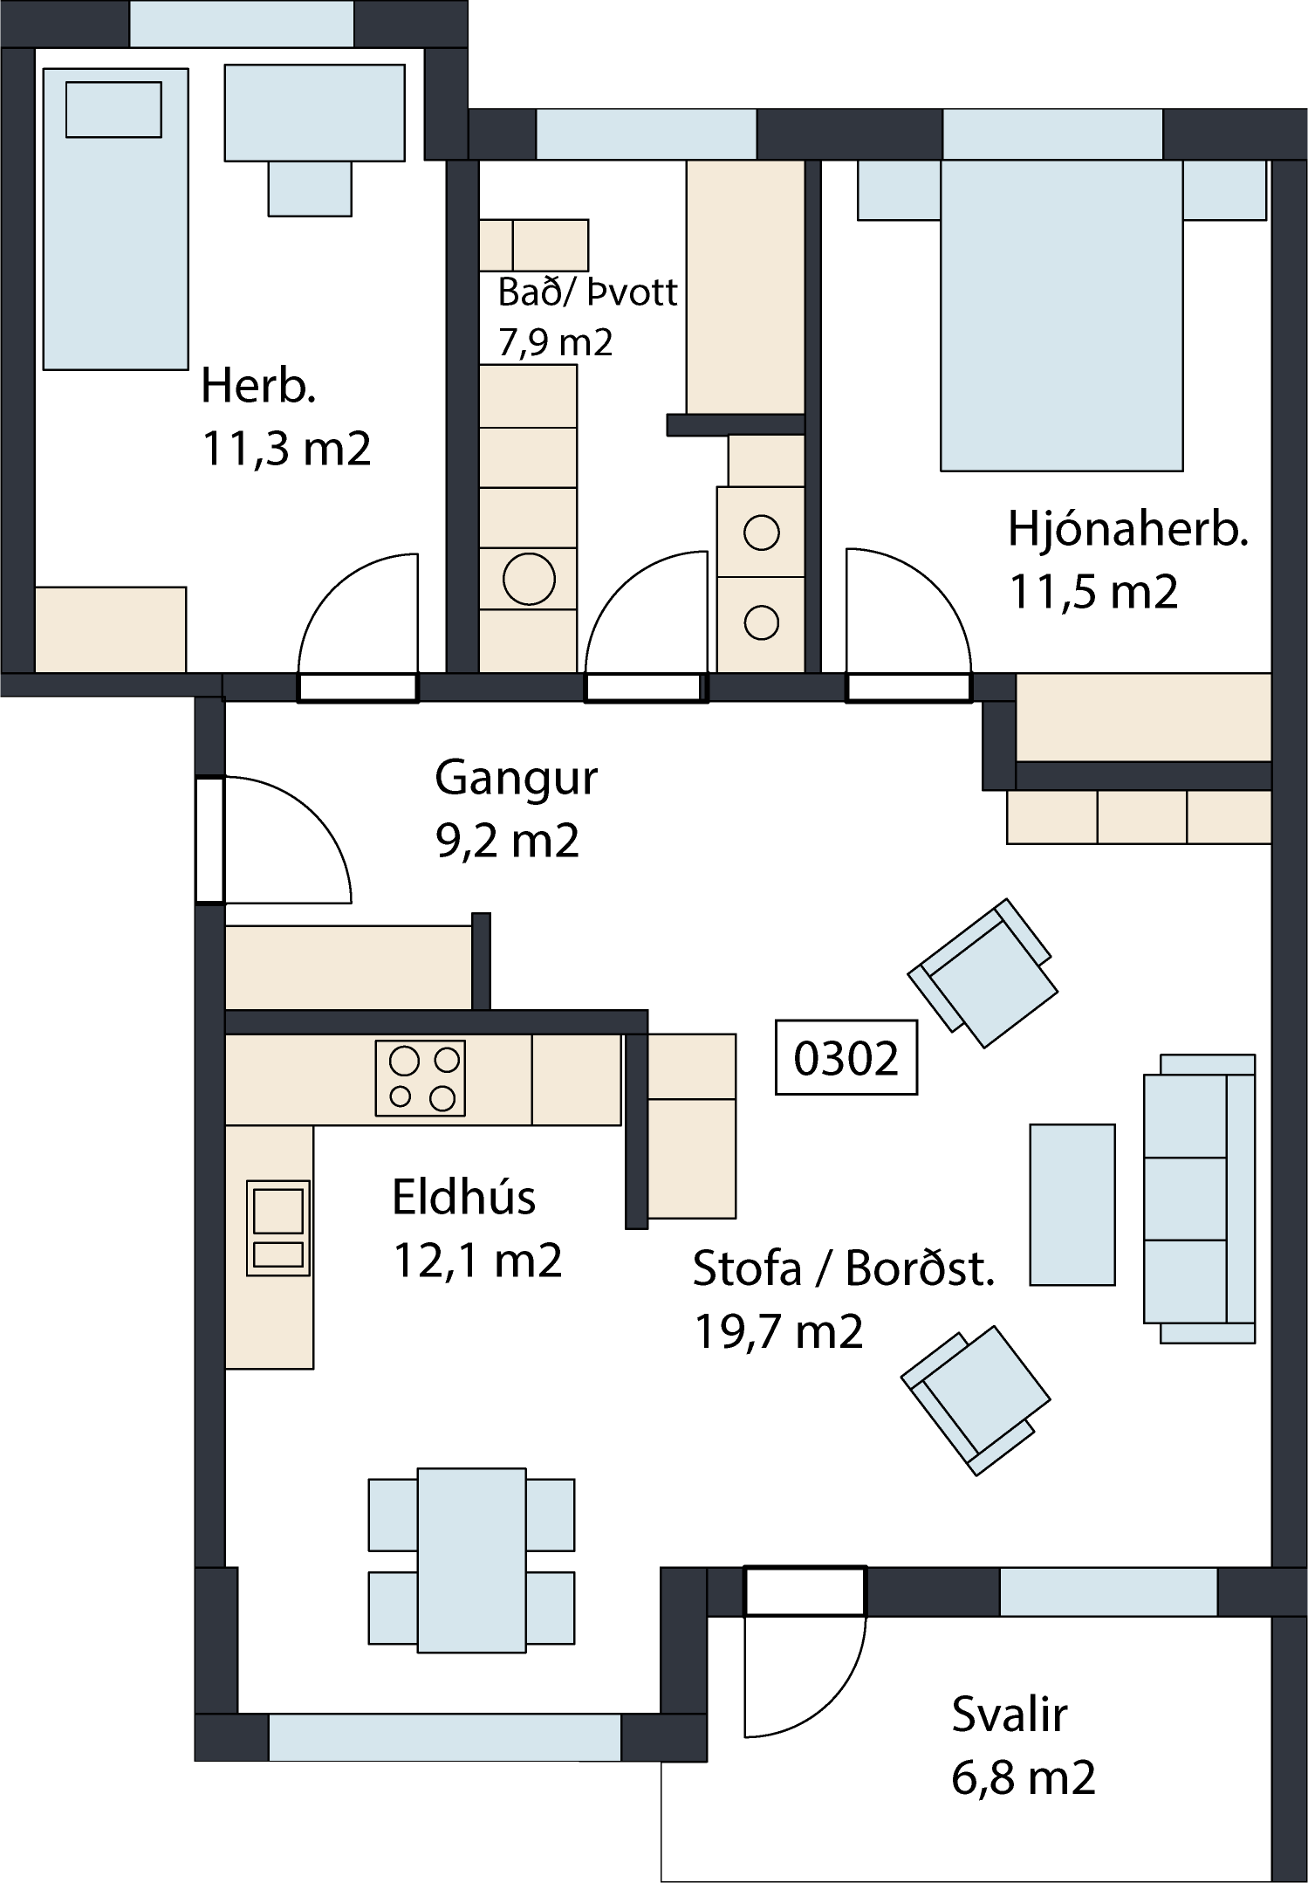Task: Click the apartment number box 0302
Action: pyautogui.click(x=846, y=1057)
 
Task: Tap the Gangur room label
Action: pyautogui.click(x=516, y=778)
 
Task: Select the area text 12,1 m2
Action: pyautogui.click(x=477, y=1261)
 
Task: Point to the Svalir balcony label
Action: pyautogui.click(x=1010, y=1715)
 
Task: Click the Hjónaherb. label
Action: pyautogui.click(x=1127, y=529)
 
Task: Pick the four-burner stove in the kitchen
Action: pyautogui.click(x=421, y=1078)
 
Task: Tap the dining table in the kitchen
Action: pyautogui.click(x=471, y=1560)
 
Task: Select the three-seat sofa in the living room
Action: pyautogui.click(x=1199, y=1199)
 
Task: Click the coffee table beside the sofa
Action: pyautogui.click(x=1072, y=1205)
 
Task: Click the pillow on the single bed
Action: pyautogui.click(x=114, y=109)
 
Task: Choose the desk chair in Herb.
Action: pyautogui.click(x=310, y=189)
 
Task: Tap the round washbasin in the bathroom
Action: pyautogui.click(x=529, y=579)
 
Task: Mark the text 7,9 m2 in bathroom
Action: pyautogui.click(x=555, y=342)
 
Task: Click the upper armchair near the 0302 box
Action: pyautogui.click(x=983, y=972)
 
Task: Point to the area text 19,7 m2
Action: pyautogui.click(x=778, y=1332)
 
